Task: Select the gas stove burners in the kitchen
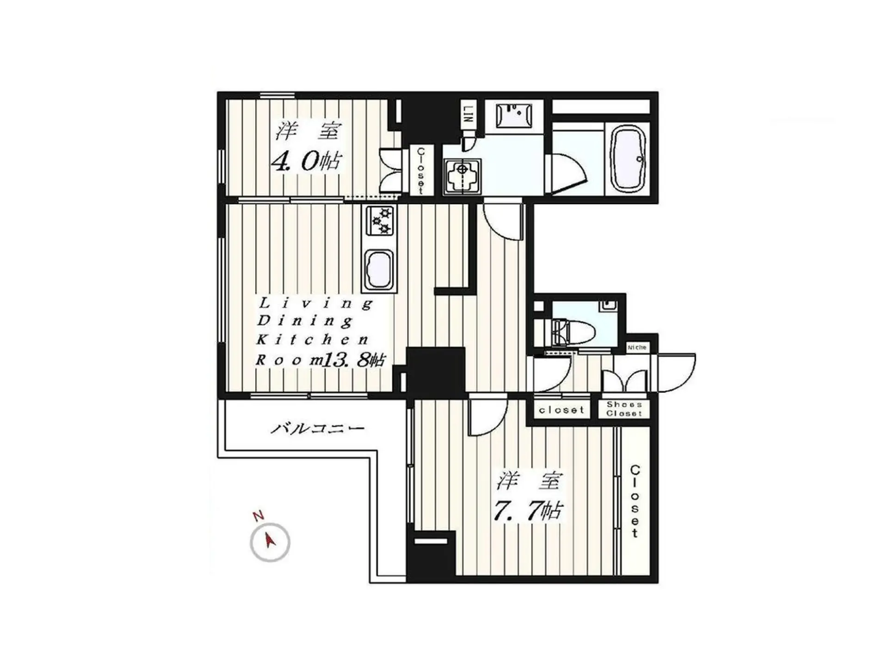(x=380, y=221)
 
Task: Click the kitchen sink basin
(x=379, y=271)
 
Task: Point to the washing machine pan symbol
(x=462, y=176)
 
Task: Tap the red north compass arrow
(x=270, y=540)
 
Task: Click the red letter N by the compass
(x=258, y=515)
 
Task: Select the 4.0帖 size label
(x=306, y=161)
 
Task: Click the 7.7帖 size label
(x=528, y=511)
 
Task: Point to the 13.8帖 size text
(x=352, y=360)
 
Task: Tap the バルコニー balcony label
(x=317, y=428)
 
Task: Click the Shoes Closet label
(x=624, y=409)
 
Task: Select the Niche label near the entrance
(x=637, y=347)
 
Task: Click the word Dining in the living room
(x=304, y=320)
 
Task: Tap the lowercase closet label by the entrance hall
(x=561, y=410)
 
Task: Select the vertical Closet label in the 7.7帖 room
(x=635, y=502)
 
